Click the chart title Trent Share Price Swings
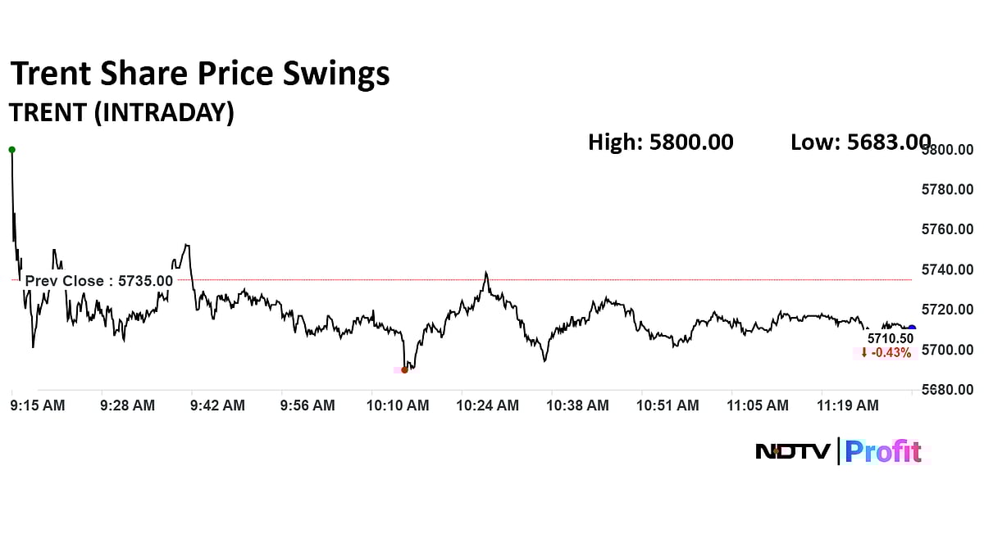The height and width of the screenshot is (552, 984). [x=199, y=75]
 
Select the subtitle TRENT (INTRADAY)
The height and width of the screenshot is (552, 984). [x=121, y=112]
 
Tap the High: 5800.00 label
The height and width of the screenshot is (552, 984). [x=660, y=143]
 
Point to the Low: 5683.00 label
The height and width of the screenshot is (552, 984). [x=860, y=143]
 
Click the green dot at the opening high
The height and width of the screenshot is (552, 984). [x=11, y=150]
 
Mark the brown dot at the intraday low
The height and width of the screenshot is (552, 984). [x=404, y=369]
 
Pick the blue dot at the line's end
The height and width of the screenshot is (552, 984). [x=912, y=328]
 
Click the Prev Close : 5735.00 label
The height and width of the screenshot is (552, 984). [x=99, y=281]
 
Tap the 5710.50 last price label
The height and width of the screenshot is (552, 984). [x=890, y=338]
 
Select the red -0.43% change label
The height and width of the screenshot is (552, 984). [x=886, y=353]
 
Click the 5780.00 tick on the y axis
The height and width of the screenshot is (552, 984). [x=947, y=190]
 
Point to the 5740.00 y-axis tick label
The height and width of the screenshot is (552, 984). [x=947, y=269]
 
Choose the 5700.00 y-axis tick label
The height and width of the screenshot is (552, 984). [x=947, y=350]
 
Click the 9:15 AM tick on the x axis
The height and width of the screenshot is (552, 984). [x=38, y=405]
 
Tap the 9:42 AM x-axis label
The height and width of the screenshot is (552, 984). [x=216, y=405]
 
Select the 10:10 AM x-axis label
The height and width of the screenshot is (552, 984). [x=398, y=405]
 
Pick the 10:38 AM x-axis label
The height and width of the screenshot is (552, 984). [x=578, y=405]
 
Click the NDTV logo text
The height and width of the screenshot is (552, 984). [x=792, y=451]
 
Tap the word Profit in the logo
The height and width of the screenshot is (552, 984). [x=883, y=451]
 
